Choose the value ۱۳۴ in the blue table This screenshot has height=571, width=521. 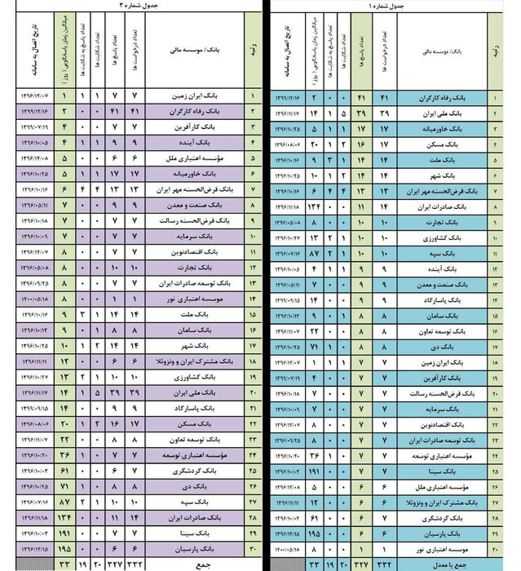[312, 207]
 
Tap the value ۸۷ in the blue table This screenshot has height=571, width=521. [312, 254]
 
